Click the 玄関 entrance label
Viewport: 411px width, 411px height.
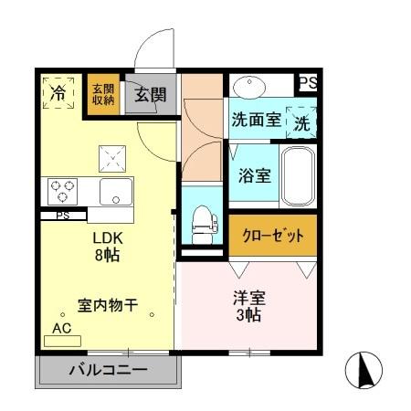151,93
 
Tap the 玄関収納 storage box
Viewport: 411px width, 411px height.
103,95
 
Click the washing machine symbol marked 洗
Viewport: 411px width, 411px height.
300,120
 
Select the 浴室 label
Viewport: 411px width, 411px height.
254,175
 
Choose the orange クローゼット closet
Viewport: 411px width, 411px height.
272,235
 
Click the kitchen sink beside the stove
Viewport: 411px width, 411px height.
117,192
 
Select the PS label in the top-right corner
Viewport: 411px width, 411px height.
309,83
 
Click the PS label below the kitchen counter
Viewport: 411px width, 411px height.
63,216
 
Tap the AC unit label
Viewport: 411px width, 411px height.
62,328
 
